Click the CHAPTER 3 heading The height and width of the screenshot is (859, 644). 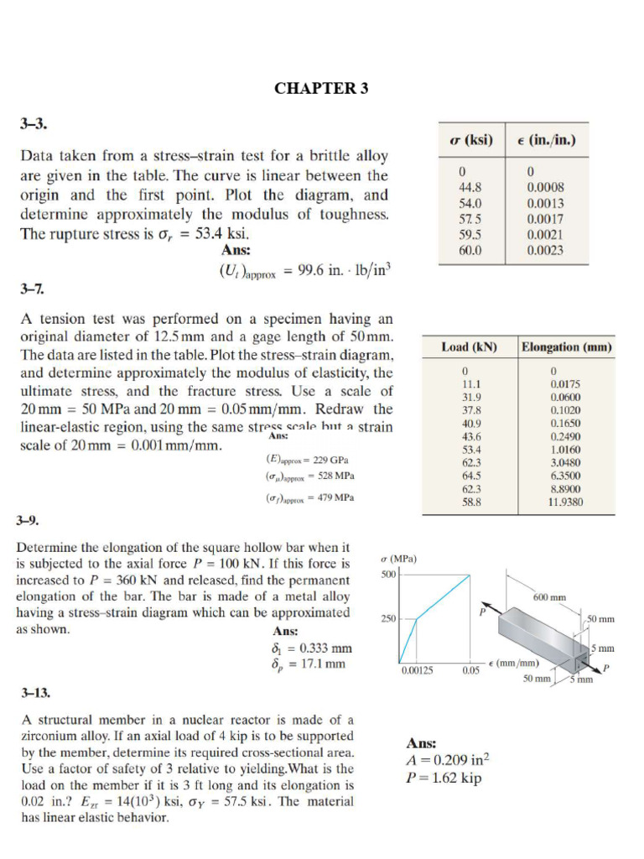click(321, 90)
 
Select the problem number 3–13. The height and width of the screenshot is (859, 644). click(35, 693)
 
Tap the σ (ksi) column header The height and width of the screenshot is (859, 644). click(471, 139)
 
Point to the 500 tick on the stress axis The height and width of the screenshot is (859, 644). click(387, 575)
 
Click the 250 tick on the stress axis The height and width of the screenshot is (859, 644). click(388, 619)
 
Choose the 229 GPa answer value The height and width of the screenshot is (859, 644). click(332, 460)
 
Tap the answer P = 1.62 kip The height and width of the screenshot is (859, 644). click(444, 778)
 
